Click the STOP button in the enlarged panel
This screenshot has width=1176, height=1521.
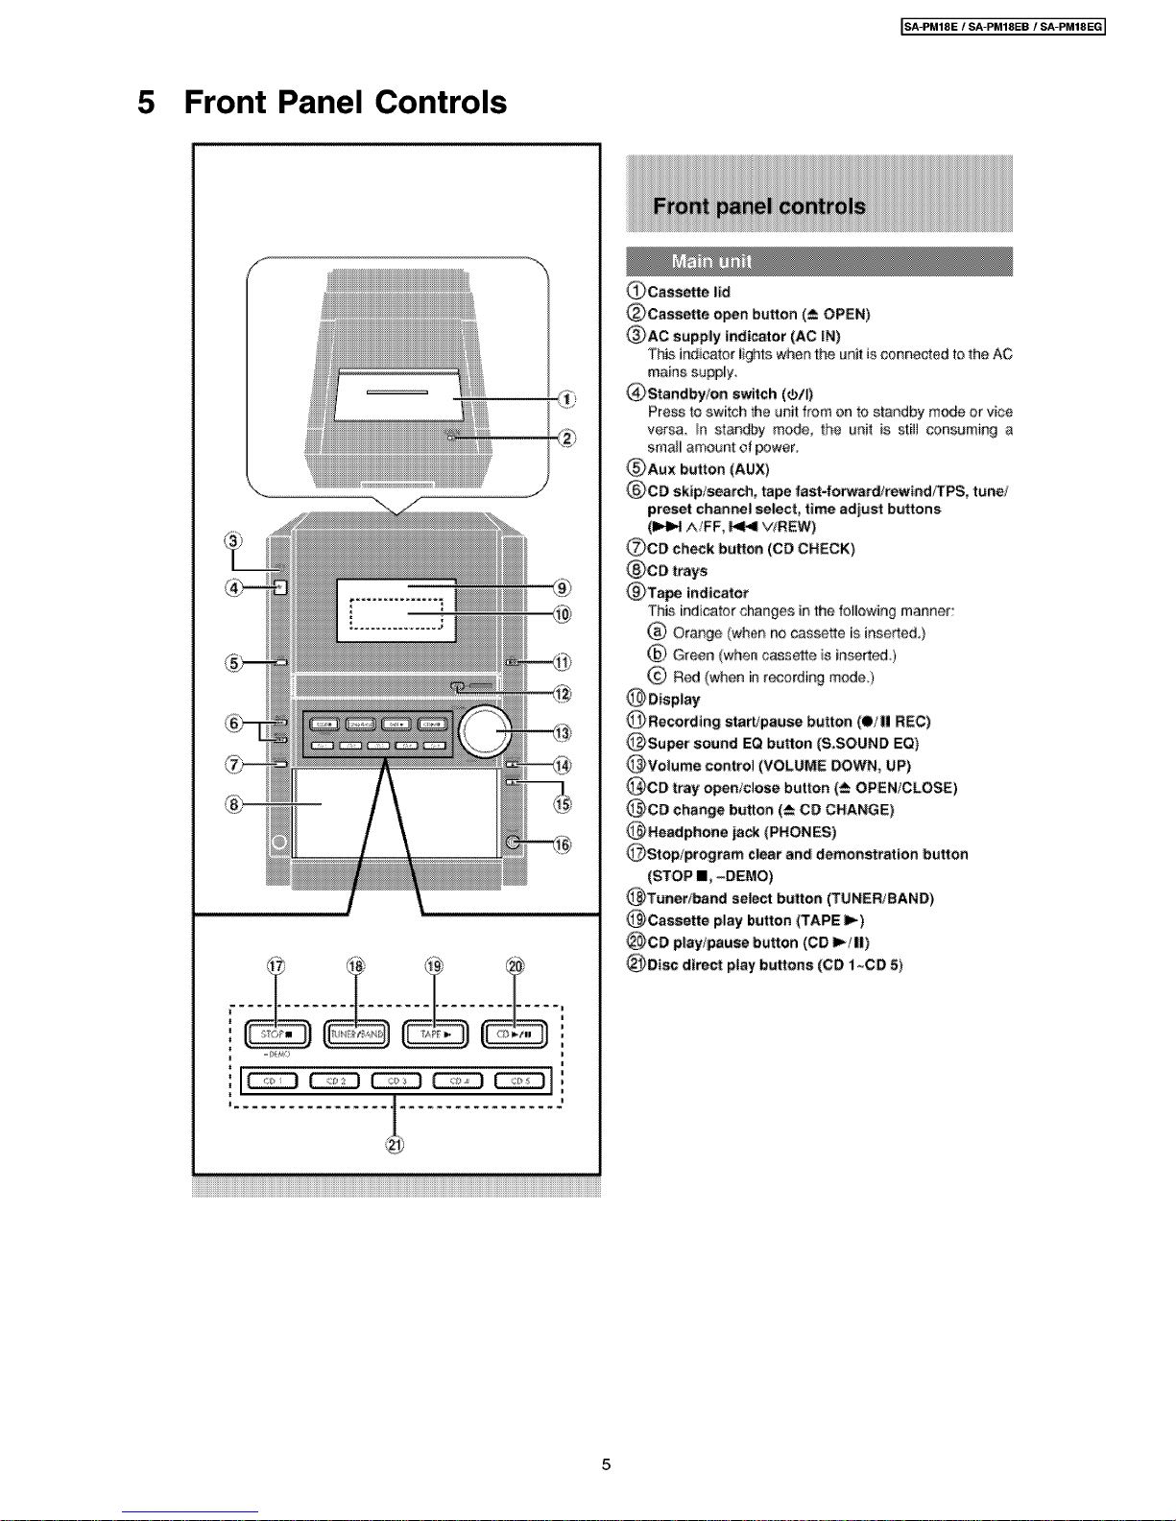click(276, 1034)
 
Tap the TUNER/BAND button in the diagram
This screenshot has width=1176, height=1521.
click(356, 1034)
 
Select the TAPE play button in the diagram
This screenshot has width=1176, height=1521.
click(435, 1034)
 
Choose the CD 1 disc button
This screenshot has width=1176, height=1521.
click(271, 1081)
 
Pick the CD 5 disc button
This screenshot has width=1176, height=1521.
click(519, 1081)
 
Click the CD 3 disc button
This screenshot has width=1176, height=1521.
click(396, 1081)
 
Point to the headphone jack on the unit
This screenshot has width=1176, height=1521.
click(515, 842)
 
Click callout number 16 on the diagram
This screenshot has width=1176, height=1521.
click(563, 844)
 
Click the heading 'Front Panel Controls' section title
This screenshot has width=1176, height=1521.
click(345, 103)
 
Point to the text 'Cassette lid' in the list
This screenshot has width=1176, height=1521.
click(688, 292)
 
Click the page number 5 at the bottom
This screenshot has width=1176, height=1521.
click(606, 1464)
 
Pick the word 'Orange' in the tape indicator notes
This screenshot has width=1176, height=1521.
click(697, 633)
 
